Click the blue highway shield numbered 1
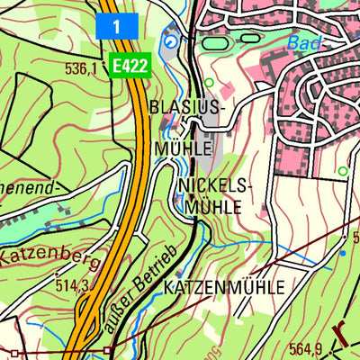tap(117, 26)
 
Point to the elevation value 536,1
tap(81, 67)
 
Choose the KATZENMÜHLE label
tap(224, 287)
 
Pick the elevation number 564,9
tap(306, 349)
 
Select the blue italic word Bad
tap(304, 43)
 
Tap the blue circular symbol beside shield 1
tap(170, 40)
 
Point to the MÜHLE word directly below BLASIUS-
tap(183, 147)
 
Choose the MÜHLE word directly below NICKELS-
tap(214, 206)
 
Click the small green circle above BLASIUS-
tap(210, 84)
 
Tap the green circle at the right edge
tap(342, 170)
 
